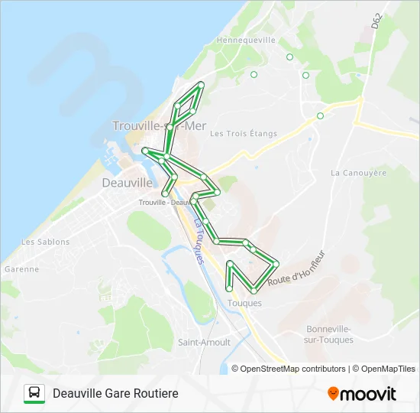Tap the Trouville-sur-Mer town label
click(x=159, y=127)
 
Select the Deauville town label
click(x=127, y=183)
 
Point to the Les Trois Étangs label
click(x=244, y=134)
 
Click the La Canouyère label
click(x=358, y=173)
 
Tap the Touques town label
click(x=244, y=303)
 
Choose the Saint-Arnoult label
click(x=204, y=342)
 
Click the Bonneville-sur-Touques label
click(x=329, y=334)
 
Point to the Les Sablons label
click(x=45, y=242)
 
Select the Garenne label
click(x=21, y=269)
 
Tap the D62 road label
click(x=376, y=21)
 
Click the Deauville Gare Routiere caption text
click(x=115, y=393)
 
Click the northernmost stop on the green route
click(x=201, y=83)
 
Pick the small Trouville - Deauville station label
click(x=164, y=202)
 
